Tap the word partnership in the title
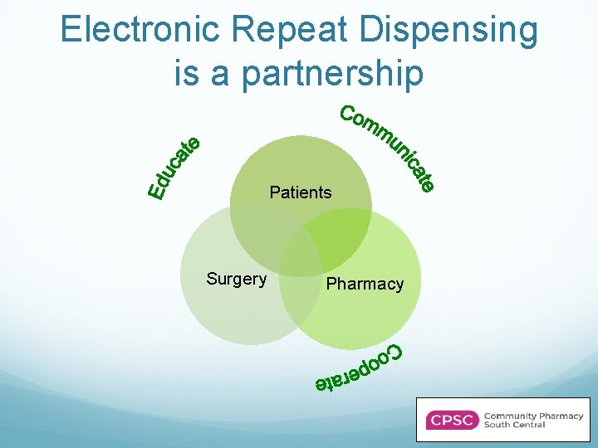point(332,72)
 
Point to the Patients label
point(300,192)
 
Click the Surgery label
point(236,279)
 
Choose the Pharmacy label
point(365,284)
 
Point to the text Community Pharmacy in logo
point(533,416)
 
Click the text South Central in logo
point(514,425)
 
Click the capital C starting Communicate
point(349,114)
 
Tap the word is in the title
point(187,72)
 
